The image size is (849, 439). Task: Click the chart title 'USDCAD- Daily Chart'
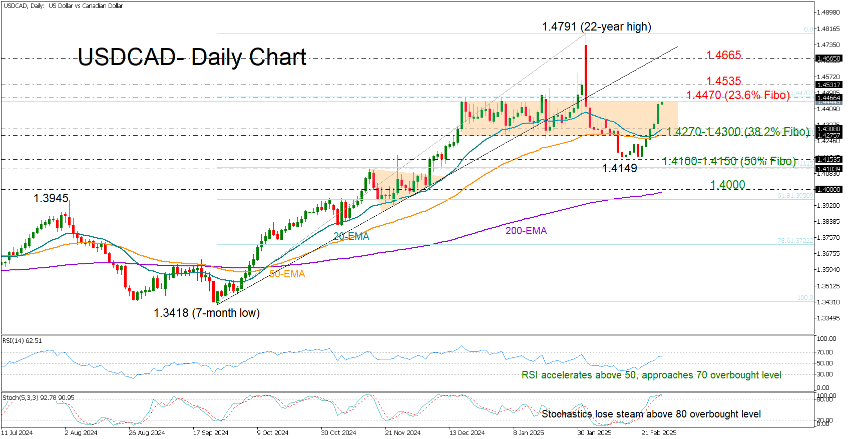(192, 57)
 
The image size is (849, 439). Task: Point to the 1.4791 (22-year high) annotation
(596, 27)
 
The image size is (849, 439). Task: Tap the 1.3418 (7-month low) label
(206, 313)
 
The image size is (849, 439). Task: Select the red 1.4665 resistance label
(723, 55)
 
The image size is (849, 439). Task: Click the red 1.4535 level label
(723, 81)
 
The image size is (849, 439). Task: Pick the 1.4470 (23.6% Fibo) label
(737, 95)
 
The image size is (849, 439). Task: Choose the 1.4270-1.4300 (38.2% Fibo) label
(738, 132)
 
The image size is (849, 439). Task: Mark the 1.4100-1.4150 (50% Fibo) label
(728, 161)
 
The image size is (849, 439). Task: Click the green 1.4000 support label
(727, 185)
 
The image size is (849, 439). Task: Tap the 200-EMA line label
(526, 231)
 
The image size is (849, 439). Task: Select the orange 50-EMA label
(287, 274)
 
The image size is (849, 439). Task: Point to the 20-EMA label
(351, 236)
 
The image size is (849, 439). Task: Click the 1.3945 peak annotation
(51, 198)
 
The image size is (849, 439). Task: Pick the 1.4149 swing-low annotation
(619, 168)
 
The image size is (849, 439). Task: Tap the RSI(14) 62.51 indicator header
(22, 341)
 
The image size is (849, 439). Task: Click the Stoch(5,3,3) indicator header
(38, 398)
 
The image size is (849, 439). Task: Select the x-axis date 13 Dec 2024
(467, 432)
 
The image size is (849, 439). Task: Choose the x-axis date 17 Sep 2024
(210, 432)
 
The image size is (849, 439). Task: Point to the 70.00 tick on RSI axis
(824, 352)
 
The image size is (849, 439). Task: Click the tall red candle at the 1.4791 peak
(585, 70)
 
